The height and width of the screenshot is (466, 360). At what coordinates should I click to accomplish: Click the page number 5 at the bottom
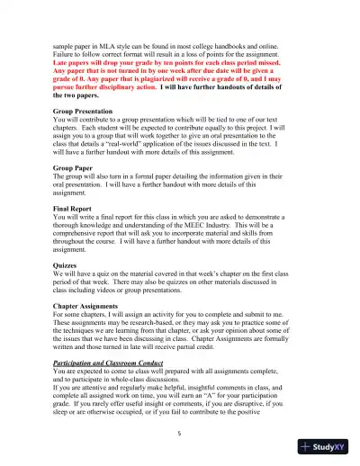180,433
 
